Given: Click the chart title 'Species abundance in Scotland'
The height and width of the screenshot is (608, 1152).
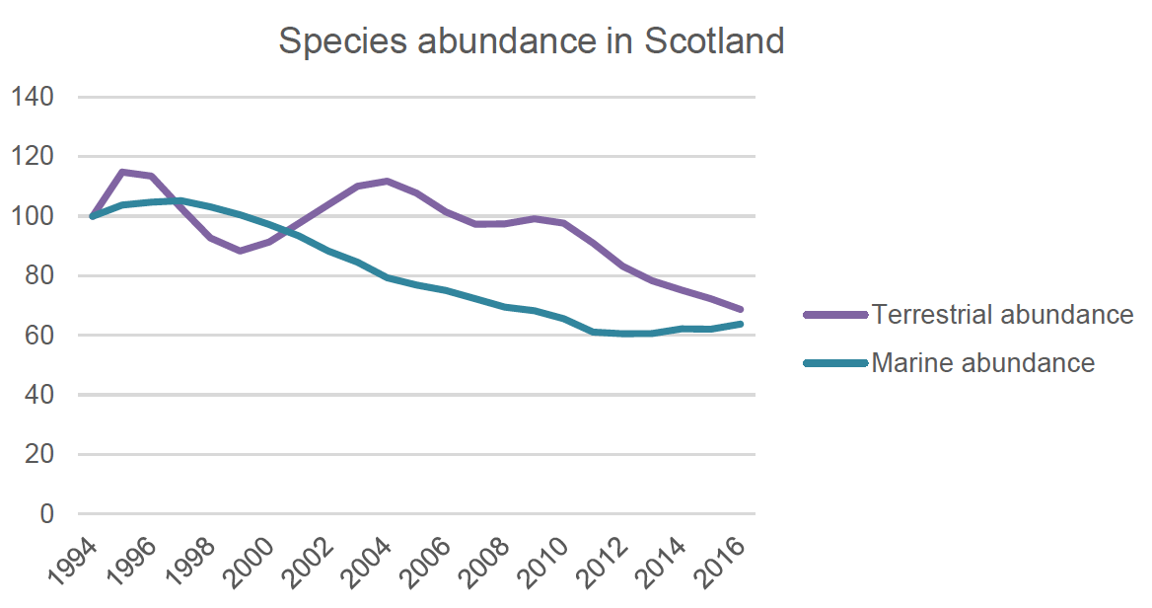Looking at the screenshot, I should (531, 41).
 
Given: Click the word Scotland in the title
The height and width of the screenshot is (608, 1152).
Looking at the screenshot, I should (713, 41).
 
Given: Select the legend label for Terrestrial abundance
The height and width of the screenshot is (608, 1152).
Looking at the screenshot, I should (1002, 315).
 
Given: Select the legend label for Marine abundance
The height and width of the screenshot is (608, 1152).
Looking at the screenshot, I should (982, 363).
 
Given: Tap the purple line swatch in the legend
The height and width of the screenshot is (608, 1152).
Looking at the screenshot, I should (834, 315).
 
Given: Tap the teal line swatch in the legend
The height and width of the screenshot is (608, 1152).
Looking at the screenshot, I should (834, 363).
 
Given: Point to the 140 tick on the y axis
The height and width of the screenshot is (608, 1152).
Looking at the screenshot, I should (32, 98).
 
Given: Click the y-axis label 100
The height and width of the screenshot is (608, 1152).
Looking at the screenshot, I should (32, 216).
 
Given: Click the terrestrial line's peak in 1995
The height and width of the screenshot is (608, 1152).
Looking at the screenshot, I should (121, 172).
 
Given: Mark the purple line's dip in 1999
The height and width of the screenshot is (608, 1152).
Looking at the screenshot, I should (240, 251).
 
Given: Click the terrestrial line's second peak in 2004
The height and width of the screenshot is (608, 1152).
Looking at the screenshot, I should (388, 181).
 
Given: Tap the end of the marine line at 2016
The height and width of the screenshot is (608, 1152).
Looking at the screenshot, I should (741, 324).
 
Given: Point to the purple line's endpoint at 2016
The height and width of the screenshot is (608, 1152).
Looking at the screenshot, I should (741, 309).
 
